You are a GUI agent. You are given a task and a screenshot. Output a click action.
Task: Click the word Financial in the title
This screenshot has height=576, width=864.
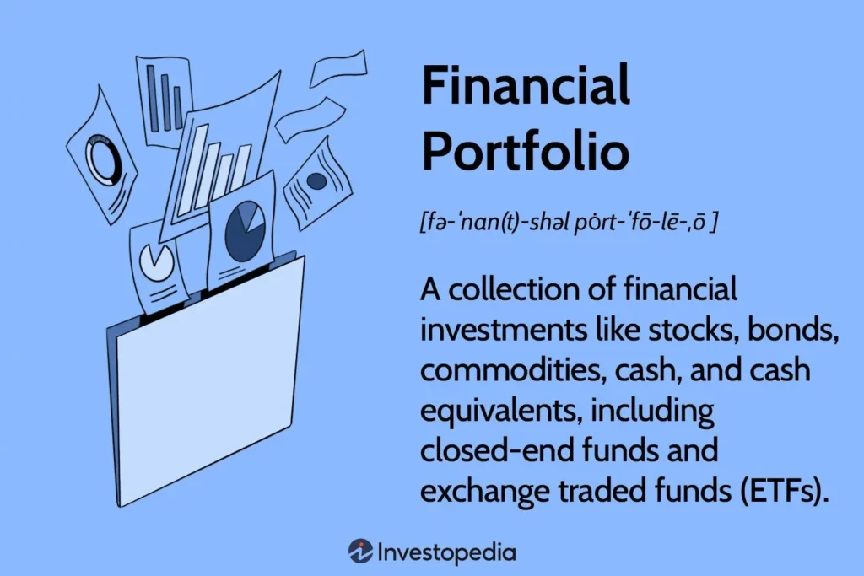[526, 84]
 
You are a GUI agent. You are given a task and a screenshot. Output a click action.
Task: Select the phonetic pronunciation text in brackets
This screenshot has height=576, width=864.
[568, 223]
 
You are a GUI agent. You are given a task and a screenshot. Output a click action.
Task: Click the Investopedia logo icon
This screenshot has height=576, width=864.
[360, 552]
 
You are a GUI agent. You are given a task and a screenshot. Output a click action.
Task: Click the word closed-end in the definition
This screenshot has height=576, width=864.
[497, 450]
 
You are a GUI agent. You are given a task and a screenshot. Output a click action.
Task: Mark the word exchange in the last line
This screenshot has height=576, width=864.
[485, 491]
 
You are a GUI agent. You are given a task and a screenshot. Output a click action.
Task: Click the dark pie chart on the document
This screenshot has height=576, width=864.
[245, 231]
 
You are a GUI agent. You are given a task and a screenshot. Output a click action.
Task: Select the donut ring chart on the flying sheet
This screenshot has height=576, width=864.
[103, 159]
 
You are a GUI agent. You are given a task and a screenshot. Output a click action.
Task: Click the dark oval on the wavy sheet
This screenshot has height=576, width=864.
[316, 180]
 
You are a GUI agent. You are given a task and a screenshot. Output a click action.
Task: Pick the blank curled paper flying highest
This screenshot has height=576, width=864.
[338, 68]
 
